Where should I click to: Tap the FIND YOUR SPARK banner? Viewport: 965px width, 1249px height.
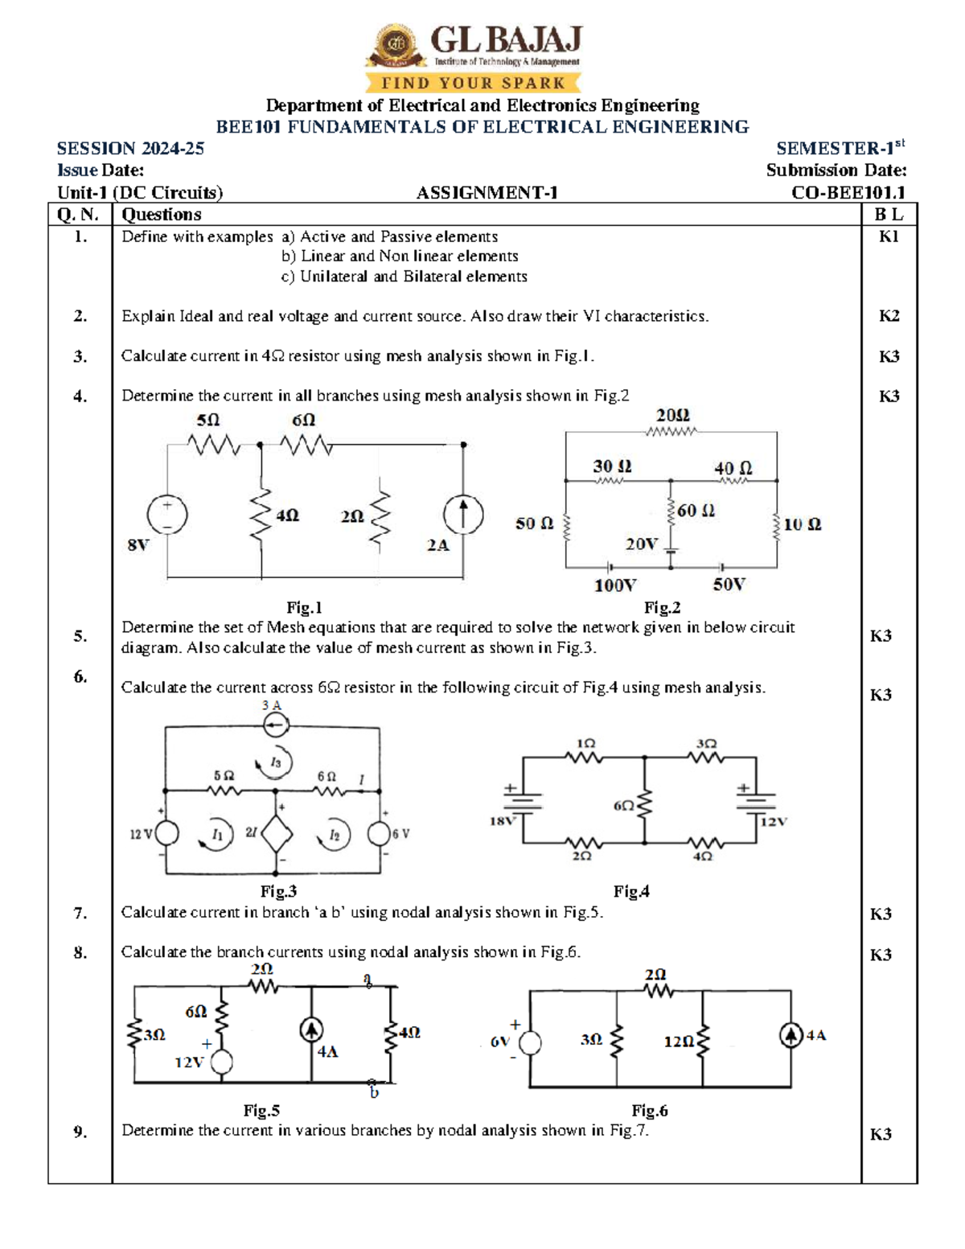pos(473,83)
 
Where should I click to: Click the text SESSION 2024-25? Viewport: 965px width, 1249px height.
pos(130,149)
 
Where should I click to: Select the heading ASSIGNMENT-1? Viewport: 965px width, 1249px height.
pos(487,193)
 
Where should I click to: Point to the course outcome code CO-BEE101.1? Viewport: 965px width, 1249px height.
pos(848,193)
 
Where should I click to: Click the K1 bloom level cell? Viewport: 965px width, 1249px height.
pos(889,236)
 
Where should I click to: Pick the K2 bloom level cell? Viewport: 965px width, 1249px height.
pos(889,316)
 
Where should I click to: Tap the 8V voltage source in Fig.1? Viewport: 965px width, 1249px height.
pos(167,515)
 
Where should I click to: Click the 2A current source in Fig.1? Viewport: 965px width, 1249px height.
pos(463,515)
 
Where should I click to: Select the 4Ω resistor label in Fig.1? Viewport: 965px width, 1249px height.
pos(287,516)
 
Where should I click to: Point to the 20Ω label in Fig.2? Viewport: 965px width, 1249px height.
pos(672,416)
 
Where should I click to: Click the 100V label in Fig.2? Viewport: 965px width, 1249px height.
pos(615,585)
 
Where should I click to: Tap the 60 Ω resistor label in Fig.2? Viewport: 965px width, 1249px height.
pos(696,511)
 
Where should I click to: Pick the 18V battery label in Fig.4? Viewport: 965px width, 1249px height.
pos(503,821)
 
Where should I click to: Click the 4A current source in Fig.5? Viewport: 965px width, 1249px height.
pos(311,1030)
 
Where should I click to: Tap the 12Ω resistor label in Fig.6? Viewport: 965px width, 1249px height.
pos(679,1042)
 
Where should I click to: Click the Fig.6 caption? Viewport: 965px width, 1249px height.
pos(649,1111)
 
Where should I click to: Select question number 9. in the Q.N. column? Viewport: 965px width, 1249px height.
pos(80,1132)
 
